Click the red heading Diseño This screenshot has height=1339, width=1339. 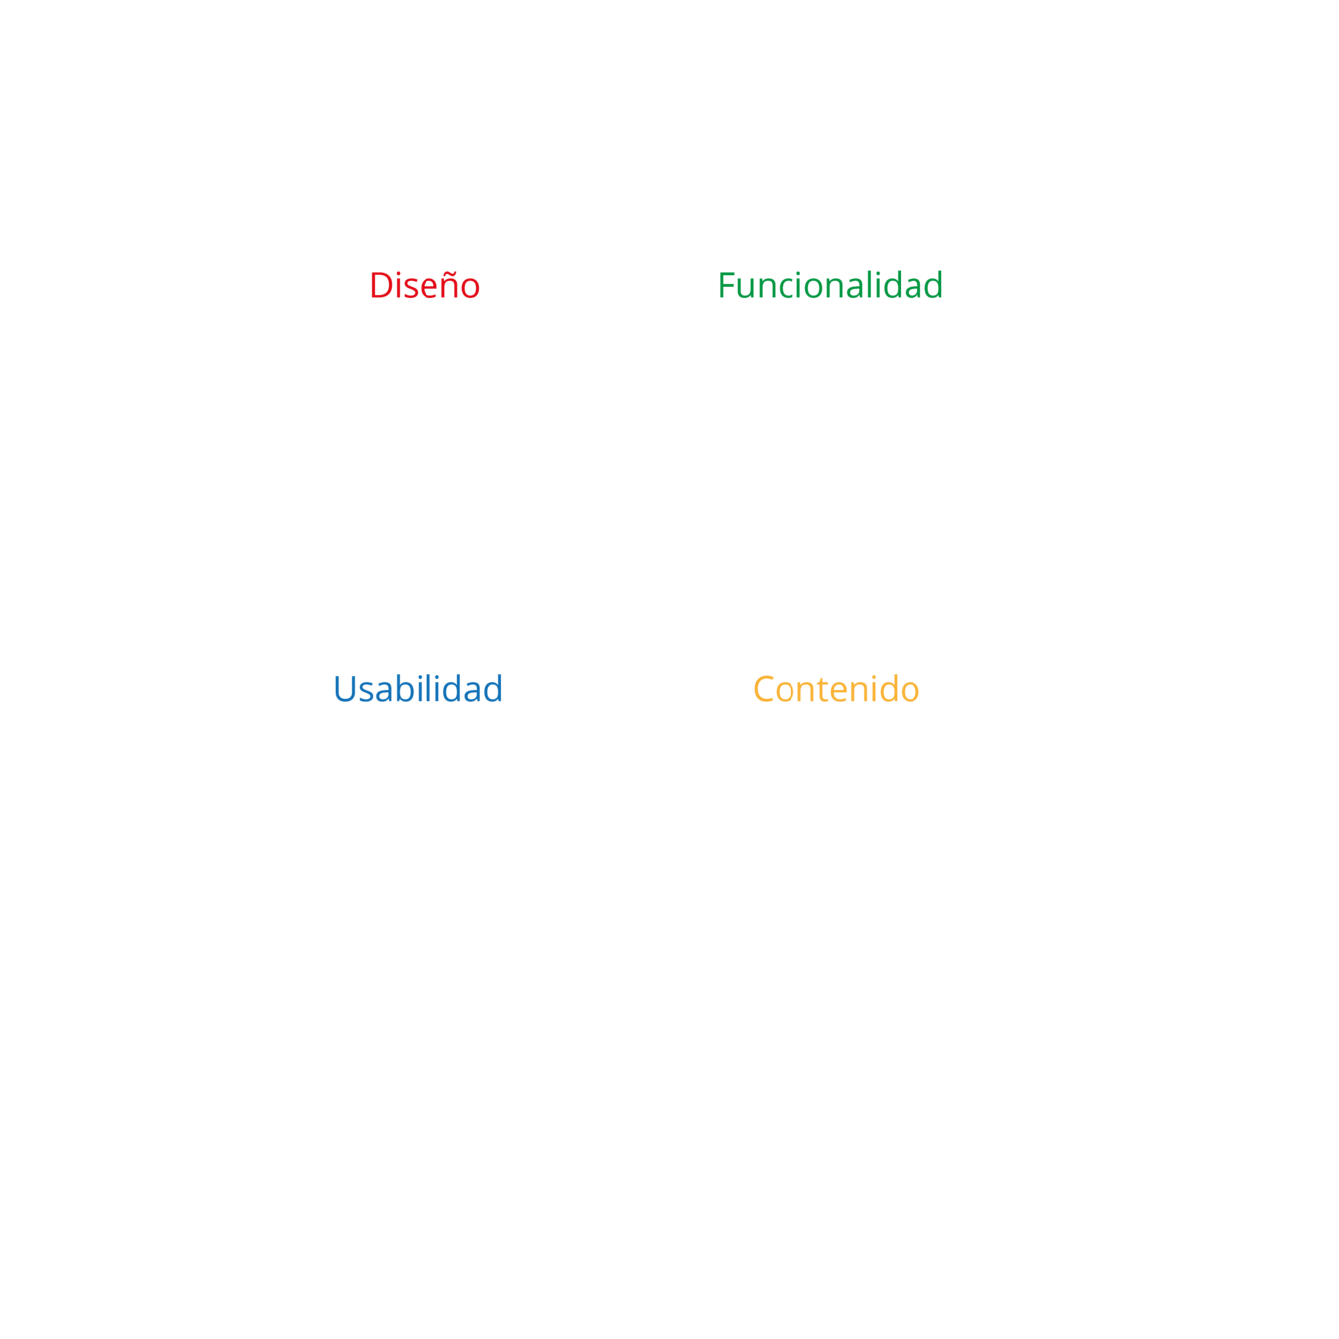[425, 286]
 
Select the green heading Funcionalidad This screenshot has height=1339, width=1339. [829, 286]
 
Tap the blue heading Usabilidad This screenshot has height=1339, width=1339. [418, 689]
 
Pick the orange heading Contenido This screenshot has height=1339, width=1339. [835, 689]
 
